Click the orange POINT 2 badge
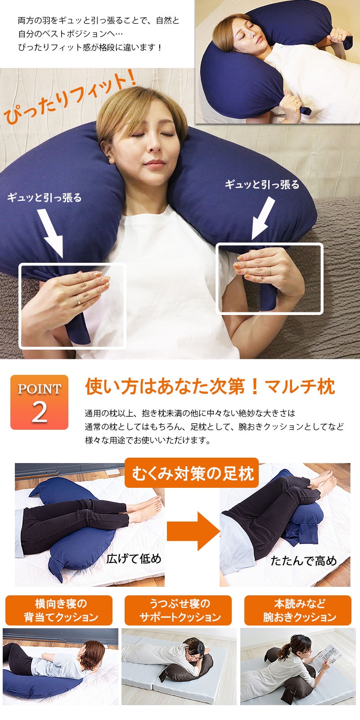point(39,402)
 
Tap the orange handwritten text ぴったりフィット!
point(69,97)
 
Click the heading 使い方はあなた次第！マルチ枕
point(210,387)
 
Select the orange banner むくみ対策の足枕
point(192,473)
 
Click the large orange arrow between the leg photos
point(193,531)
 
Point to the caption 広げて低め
point(134,558)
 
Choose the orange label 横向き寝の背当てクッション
point(59,610)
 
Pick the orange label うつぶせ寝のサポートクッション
point(178,610)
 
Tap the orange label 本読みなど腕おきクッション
point(298,610)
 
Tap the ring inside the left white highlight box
point(78,300)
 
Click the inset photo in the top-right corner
point(278,62)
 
